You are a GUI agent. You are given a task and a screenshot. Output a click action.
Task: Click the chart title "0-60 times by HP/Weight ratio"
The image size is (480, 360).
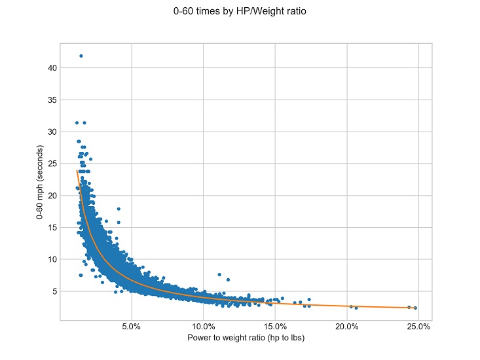[x=240, y=11]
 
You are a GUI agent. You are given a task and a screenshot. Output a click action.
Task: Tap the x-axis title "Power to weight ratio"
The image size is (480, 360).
[x=246, y=338]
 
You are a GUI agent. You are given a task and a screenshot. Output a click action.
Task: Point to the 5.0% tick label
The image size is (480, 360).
[x=132, y=327]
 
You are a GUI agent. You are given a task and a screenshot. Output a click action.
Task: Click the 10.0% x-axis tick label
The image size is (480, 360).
[x=203, y=327]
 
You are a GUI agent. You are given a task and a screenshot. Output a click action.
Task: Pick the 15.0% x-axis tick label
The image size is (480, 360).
[x=275, y=327]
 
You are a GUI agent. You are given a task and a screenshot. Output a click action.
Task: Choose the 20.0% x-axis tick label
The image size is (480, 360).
[x=346, y=327]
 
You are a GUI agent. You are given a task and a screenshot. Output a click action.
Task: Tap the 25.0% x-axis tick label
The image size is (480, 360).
[x=418, y=327]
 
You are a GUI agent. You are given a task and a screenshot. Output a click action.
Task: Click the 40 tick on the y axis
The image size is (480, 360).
[x=52, y=68]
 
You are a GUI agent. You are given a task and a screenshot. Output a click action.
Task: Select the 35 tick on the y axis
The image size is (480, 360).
[x=52, y=100]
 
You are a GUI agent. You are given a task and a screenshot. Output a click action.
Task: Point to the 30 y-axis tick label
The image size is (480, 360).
[x=52, y=132]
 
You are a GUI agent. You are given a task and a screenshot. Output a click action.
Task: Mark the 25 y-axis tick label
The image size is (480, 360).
[x=52, y=164]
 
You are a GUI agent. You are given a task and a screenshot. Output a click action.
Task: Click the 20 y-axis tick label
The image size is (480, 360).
[x=52, y=195]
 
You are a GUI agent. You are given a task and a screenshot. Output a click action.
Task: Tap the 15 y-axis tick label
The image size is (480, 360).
[x=52, y=227]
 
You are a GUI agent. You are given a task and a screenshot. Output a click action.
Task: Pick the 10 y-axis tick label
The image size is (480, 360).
[x=52, y=259]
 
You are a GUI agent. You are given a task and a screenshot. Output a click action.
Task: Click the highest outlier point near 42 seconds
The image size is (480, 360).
[x=81, y=56]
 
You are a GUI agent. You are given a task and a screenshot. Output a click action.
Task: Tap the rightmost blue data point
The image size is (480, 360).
[x=415, y=308]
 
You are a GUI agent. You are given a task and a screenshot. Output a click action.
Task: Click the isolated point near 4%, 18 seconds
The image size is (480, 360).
[x=119, y=209]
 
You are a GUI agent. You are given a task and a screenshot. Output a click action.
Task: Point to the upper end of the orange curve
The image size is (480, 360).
[x=77, y=171]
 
